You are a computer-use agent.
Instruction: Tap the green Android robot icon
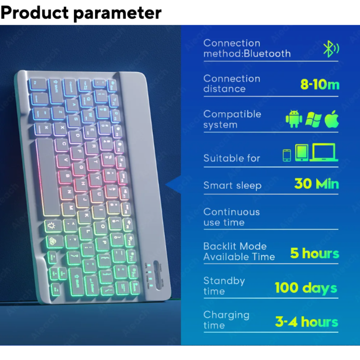(x=294, y=119)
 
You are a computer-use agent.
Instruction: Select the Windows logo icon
(x=313, y=119)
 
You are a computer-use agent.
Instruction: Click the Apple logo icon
(x=332, y=119)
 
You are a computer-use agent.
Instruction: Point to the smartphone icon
(x=287, y=155)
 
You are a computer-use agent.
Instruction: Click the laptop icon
(x=324, y=152)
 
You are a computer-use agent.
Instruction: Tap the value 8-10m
(x=320, y=85)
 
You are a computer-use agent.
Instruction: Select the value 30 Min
(x=316, y=184)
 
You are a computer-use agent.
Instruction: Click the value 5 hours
(x=315, y=253)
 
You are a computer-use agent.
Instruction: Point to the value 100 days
(x=306, y=288)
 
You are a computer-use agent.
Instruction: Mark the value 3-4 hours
(x=306, y=322)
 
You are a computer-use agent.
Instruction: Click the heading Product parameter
(x=81, y=13)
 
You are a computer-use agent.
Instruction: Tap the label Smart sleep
(x=232, y=185)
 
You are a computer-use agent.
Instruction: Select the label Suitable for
(x=231, y=158)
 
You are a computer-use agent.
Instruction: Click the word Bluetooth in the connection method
(x=267, y=54)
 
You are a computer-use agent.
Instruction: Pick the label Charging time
(x=226, y=320)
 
